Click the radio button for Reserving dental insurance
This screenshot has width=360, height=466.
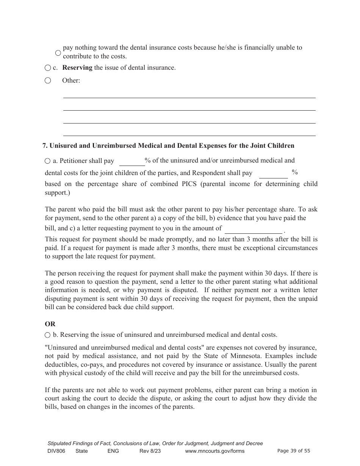[47, 68]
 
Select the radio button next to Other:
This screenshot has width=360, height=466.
[47, 80]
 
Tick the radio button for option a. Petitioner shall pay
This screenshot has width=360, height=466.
[47, 161]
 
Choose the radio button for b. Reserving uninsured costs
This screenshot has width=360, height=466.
[47, 335]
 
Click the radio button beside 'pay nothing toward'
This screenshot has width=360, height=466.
[58, 53]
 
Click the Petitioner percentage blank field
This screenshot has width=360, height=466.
[132, 162]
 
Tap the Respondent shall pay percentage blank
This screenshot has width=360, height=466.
[273, 174]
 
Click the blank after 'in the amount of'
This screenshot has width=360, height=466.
[254, 229]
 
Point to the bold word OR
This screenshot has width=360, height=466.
[50, 324]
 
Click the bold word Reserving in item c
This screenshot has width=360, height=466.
[77, 68]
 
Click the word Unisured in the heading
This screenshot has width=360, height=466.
[63, 145]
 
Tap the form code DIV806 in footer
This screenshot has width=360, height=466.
[55, 451]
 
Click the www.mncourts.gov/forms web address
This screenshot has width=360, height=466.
[214, 451]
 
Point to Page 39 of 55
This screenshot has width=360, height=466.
[294, 451]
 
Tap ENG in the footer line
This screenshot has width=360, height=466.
[113, 451]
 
